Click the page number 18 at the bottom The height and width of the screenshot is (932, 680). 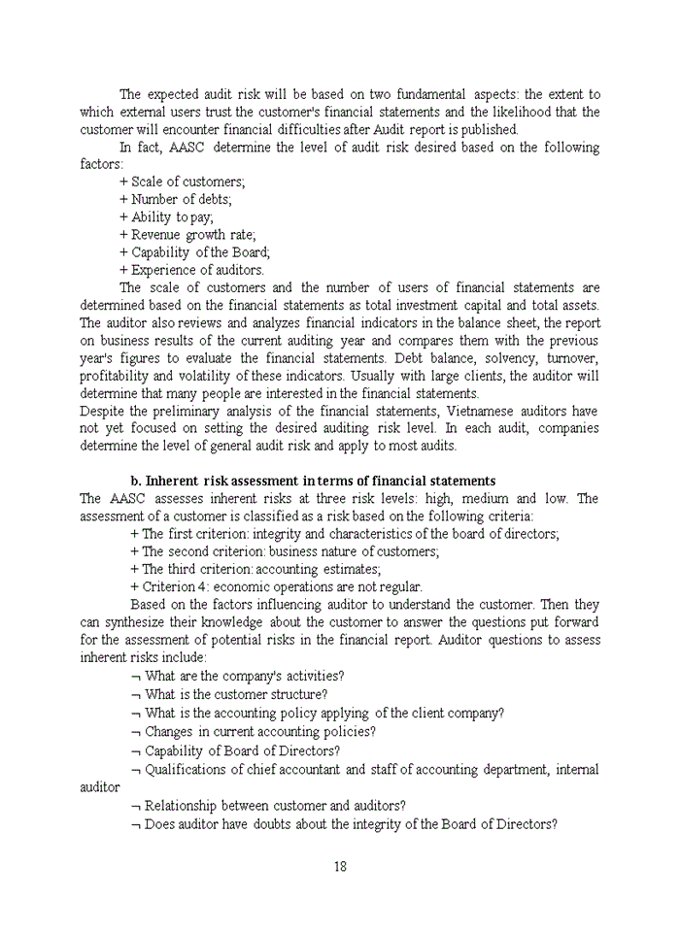coord(339,867)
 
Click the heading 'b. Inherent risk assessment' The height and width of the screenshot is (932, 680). coord(313,482)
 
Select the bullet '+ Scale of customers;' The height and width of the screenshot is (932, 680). coord(182,182)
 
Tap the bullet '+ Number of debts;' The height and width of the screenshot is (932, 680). coord(175,199)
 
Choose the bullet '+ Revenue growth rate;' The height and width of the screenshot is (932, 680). coord(187,235)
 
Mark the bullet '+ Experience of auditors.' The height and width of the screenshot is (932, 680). coord(191,270)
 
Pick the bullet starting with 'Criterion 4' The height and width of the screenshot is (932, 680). coord(276,586)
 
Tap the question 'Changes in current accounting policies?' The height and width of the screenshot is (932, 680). coord(253,731)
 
